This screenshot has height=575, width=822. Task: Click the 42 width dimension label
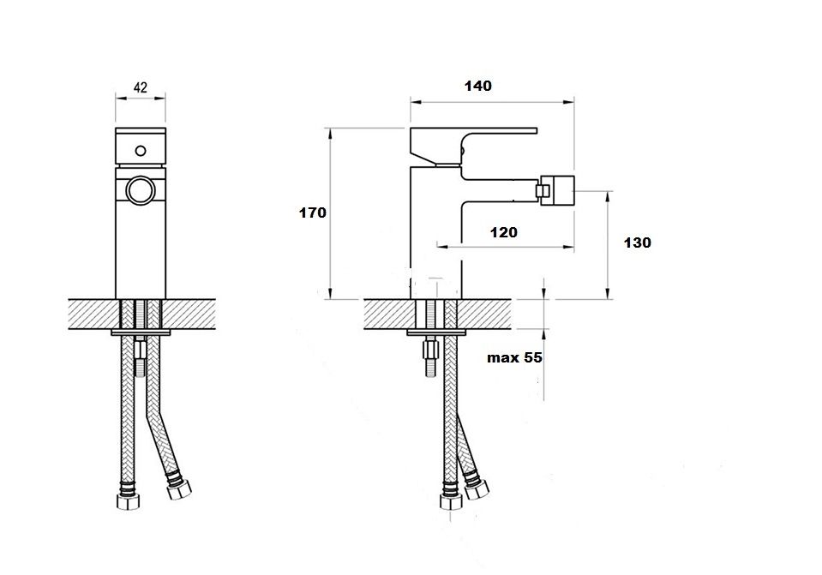point(141,87)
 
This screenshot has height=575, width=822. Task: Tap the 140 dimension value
point(478,86)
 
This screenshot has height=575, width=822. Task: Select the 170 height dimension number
point(313,213)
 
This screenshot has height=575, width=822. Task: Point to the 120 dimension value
point(504,232)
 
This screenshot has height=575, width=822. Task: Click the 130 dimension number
point(638,243)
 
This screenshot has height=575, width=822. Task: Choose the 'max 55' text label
point(515,358)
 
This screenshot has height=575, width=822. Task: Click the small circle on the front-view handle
point(141,151)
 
